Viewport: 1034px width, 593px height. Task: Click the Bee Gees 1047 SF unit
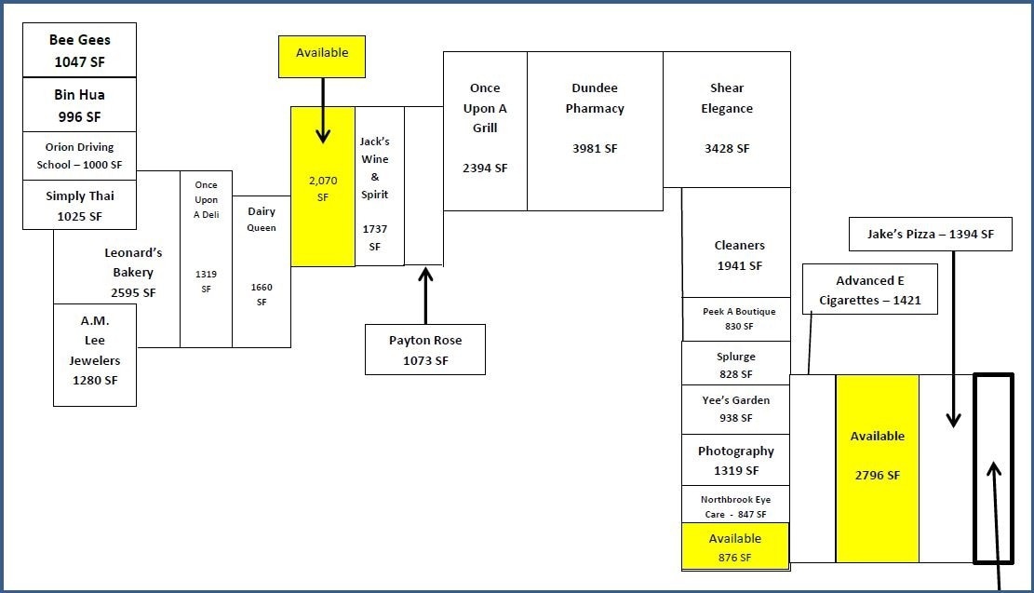(x=80, y=50)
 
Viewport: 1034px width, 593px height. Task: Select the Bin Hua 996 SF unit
(x=80, y=105)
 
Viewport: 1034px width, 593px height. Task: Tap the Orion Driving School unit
(x=80, y=155)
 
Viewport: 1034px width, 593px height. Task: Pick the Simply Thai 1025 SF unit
(x=80, y=206)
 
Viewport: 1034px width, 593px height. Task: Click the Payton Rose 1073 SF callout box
(x=425, y=349)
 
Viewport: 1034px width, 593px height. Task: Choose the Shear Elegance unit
(x=727, y=119)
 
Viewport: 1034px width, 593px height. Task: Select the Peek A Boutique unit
(x=736, y=319)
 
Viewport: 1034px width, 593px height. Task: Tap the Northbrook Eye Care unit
(x=735, y=505)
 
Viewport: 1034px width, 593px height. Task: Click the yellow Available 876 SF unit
(x=735, y=547)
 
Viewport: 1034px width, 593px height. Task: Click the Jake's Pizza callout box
(x=930, y=235)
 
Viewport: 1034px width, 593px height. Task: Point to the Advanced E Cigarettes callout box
(x=870, y=290)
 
